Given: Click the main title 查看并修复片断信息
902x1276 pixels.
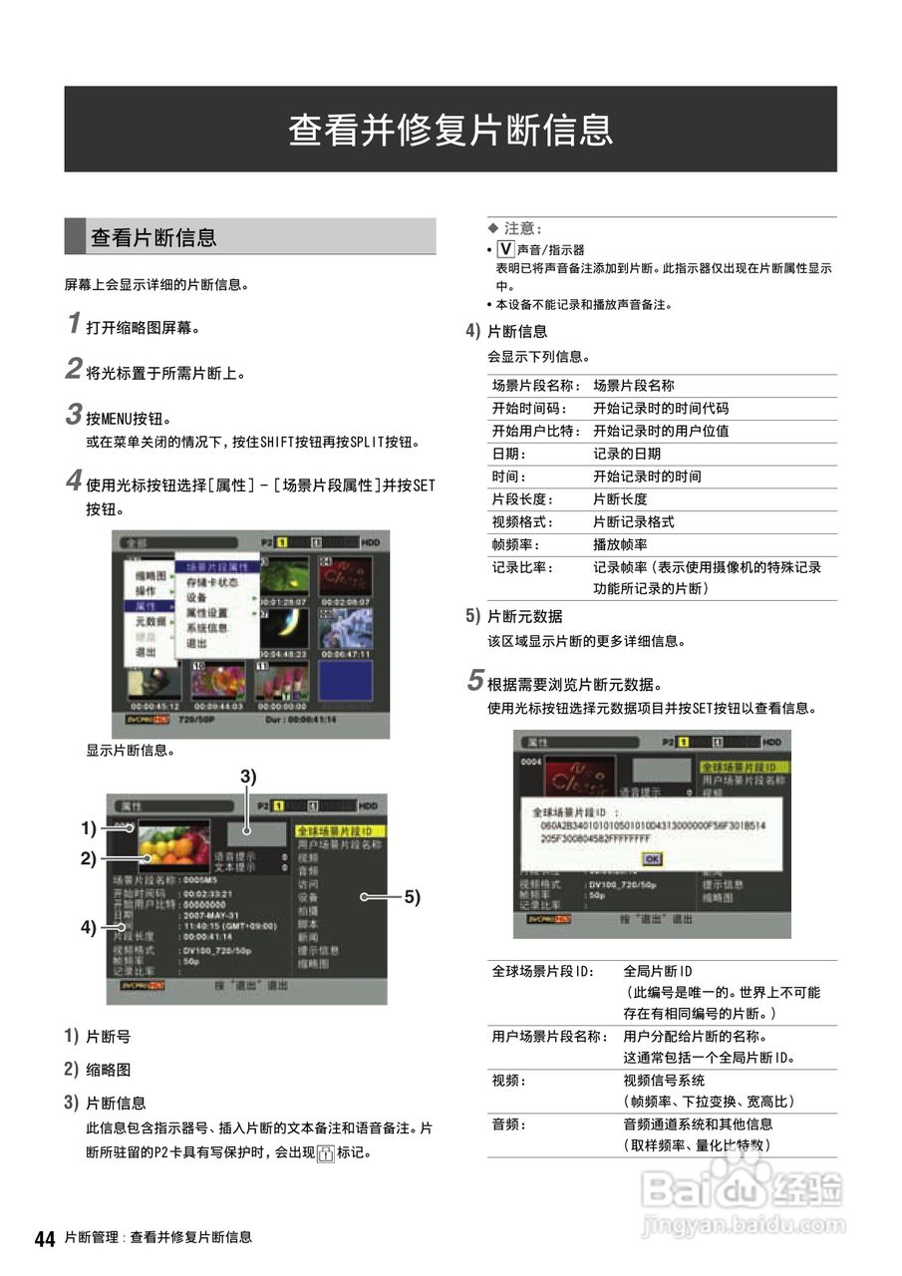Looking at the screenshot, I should tap(451, 130).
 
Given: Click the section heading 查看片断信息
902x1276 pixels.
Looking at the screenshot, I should tap(153, 237).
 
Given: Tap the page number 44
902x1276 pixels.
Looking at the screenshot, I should tap(44, 1239).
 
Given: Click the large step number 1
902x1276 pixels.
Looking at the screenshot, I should tap(73, 323).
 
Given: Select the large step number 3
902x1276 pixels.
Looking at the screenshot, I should tap(73, 414).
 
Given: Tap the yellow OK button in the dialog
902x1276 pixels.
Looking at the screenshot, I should tap(652, 858).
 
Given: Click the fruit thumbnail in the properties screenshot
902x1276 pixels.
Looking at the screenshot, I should tap(173, 846).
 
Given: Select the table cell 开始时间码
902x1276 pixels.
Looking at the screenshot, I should tap(528, 409).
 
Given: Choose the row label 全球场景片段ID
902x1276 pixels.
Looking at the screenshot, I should tap(542, 971).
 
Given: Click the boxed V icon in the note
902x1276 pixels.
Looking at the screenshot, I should tap(504, 249).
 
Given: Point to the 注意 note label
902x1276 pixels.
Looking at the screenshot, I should tap(521, 229).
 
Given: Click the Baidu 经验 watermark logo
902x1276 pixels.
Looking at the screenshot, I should tap(744, 1189).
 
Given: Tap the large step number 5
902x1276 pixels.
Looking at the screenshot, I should tap(475, 683).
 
